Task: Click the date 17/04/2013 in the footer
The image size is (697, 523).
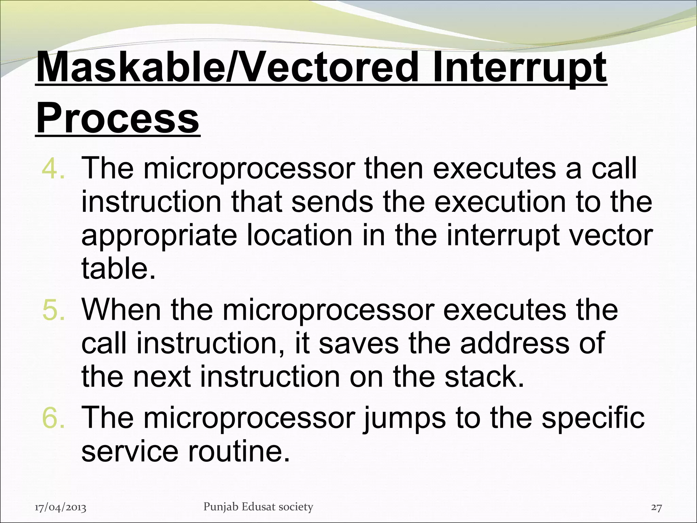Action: click(x=61, y=508)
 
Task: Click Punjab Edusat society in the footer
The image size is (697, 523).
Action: click(x=258, y=507)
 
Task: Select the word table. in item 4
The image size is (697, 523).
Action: click(x=118, y=268)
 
